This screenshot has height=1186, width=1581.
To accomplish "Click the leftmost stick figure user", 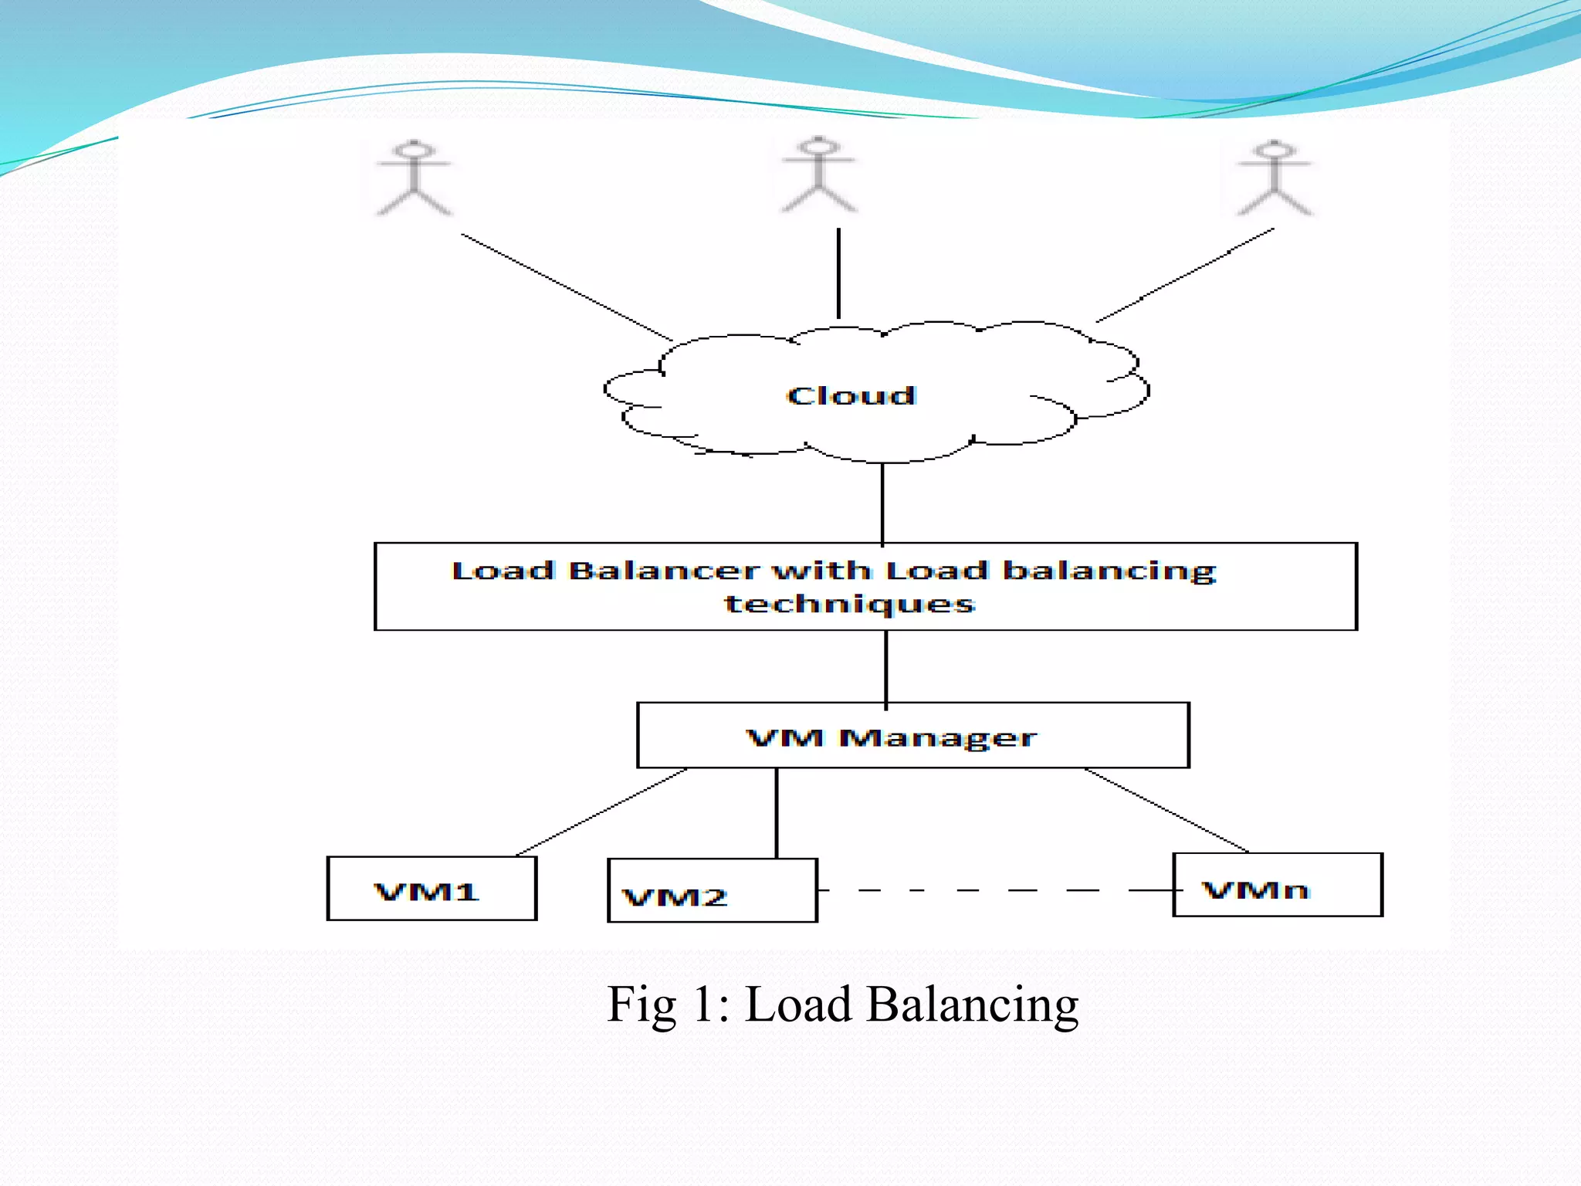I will click(x=414, y=178).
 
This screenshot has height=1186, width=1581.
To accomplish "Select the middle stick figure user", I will click(x=819, y=175).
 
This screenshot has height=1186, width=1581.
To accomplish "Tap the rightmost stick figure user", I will click(x=1275, y=178).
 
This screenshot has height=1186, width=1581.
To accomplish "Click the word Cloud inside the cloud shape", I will click(x=851, y=396).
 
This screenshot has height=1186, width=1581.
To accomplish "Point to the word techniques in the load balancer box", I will click(x=849, y=604).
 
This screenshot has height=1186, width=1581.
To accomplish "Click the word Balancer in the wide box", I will click(x=663, y=571).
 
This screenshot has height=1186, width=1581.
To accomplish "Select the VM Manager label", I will click(x=891, y=738).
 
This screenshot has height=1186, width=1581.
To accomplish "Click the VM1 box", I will click(x=432, y=889).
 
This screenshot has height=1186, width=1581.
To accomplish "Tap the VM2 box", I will click(x=712, y=891).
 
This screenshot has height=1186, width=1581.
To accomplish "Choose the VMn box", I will click(x=1278, y=886).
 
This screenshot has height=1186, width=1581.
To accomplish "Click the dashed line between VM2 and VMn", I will click(x=996, y=890).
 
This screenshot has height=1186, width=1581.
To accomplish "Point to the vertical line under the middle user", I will click(x=839, y=273).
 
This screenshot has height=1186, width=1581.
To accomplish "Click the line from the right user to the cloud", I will click(x=1185, y=275).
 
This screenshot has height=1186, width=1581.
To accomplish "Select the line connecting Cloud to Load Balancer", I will click(x=882, y=503).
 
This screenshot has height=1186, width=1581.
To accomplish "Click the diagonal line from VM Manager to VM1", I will click(x=602, y=812).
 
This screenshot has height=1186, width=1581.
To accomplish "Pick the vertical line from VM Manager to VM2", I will click(x=777, y=813).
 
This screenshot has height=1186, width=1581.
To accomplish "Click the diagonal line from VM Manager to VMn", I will click(x=1166, y=810).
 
